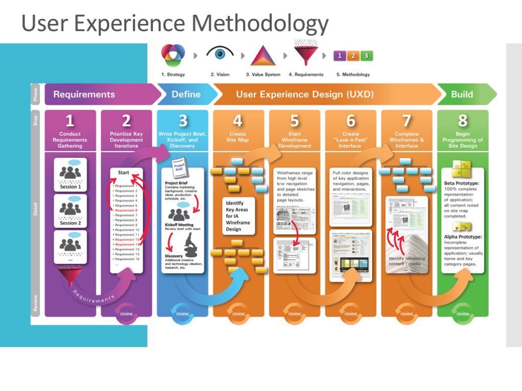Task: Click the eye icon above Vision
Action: (x=220, y=53)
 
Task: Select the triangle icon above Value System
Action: (x=263, y=55)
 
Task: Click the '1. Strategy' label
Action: (x=173, y=74)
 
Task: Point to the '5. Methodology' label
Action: (x=353, y=74)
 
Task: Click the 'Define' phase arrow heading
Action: (x=186, y=94)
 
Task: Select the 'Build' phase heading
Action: (x=462, y=94)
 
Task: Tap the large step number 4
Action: (x=238, y=121)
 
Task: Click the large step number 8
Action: (x=462, y=121)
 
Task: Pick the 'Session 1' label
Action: (x=70, y=187)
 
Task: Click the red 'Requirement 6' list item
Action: (x=126, y=210)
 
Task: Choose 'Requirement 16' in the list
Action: (x=127, y=259)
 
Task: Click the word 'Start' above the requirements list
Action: (x=123, y=173)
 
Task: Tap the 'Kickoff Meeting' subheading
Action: (x=179, y=225)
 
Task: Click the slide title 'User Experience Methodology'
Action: (x=175, y=23)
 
